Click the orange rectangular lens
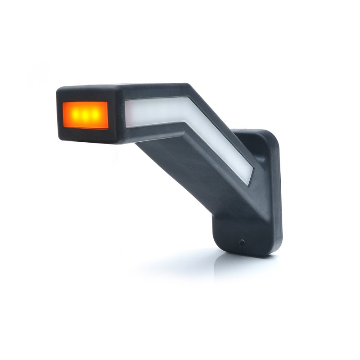click(x=85, y=115)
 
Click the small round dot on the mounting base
click(x=242, y=242)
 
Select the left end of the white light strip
click(x=129, y=113)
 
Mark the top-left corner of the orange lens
click(x=63, y=103)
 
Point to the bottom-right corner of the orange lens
click(x=108, y=128)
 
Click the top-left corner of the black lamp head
click(x=59, y=89)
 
